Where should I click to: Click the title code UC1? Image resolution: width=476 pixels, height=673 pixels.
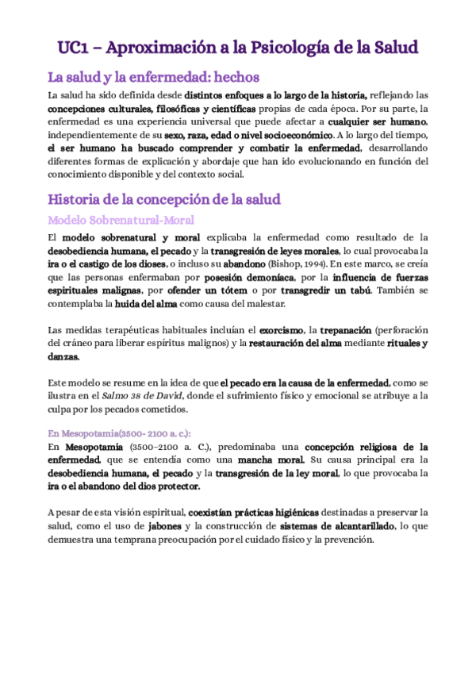point(74,48)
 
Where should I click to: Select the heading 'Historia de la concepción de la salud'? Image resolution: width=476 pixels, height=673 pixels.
point(163,198)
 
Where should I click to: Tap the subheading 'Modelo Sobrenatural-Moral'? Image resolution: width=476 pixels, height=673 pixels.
point(121,220)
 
